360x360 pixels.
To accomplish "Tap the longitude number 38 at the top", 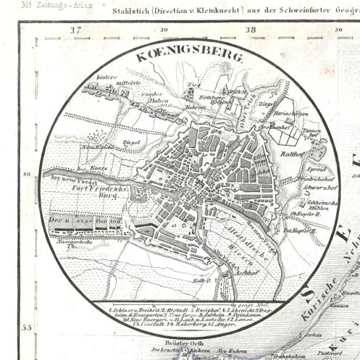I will click(x=251, y=30).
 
